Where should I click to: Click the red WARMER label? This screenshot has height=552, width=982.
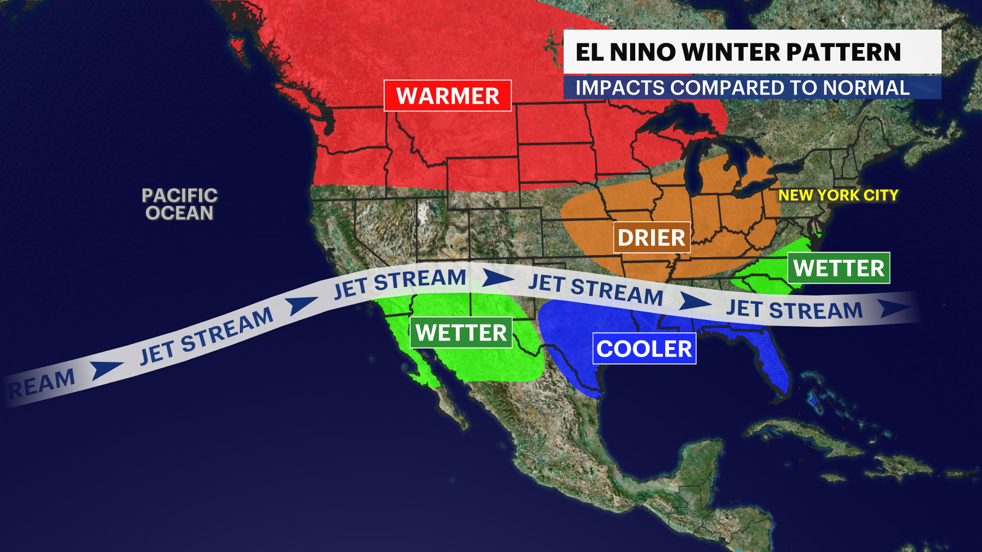448,96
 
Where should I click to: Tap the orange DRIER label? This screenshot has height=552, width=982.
652,238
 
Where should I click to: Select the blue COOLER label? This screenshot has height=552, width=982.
644,349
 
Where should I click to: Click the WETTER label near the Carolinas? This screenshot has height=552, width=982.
838,268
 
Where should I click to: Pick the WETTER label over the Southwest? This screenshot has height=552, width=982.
461,333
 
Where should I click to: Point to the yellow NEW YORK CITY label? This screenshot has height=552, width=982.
838,195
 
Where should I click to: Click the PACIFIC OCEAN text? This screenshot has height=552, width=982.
180,204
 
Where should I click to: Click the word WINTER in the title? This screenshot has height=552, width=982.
731,52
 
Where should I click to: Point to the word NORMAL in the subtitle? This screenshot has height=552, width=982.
866,88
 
